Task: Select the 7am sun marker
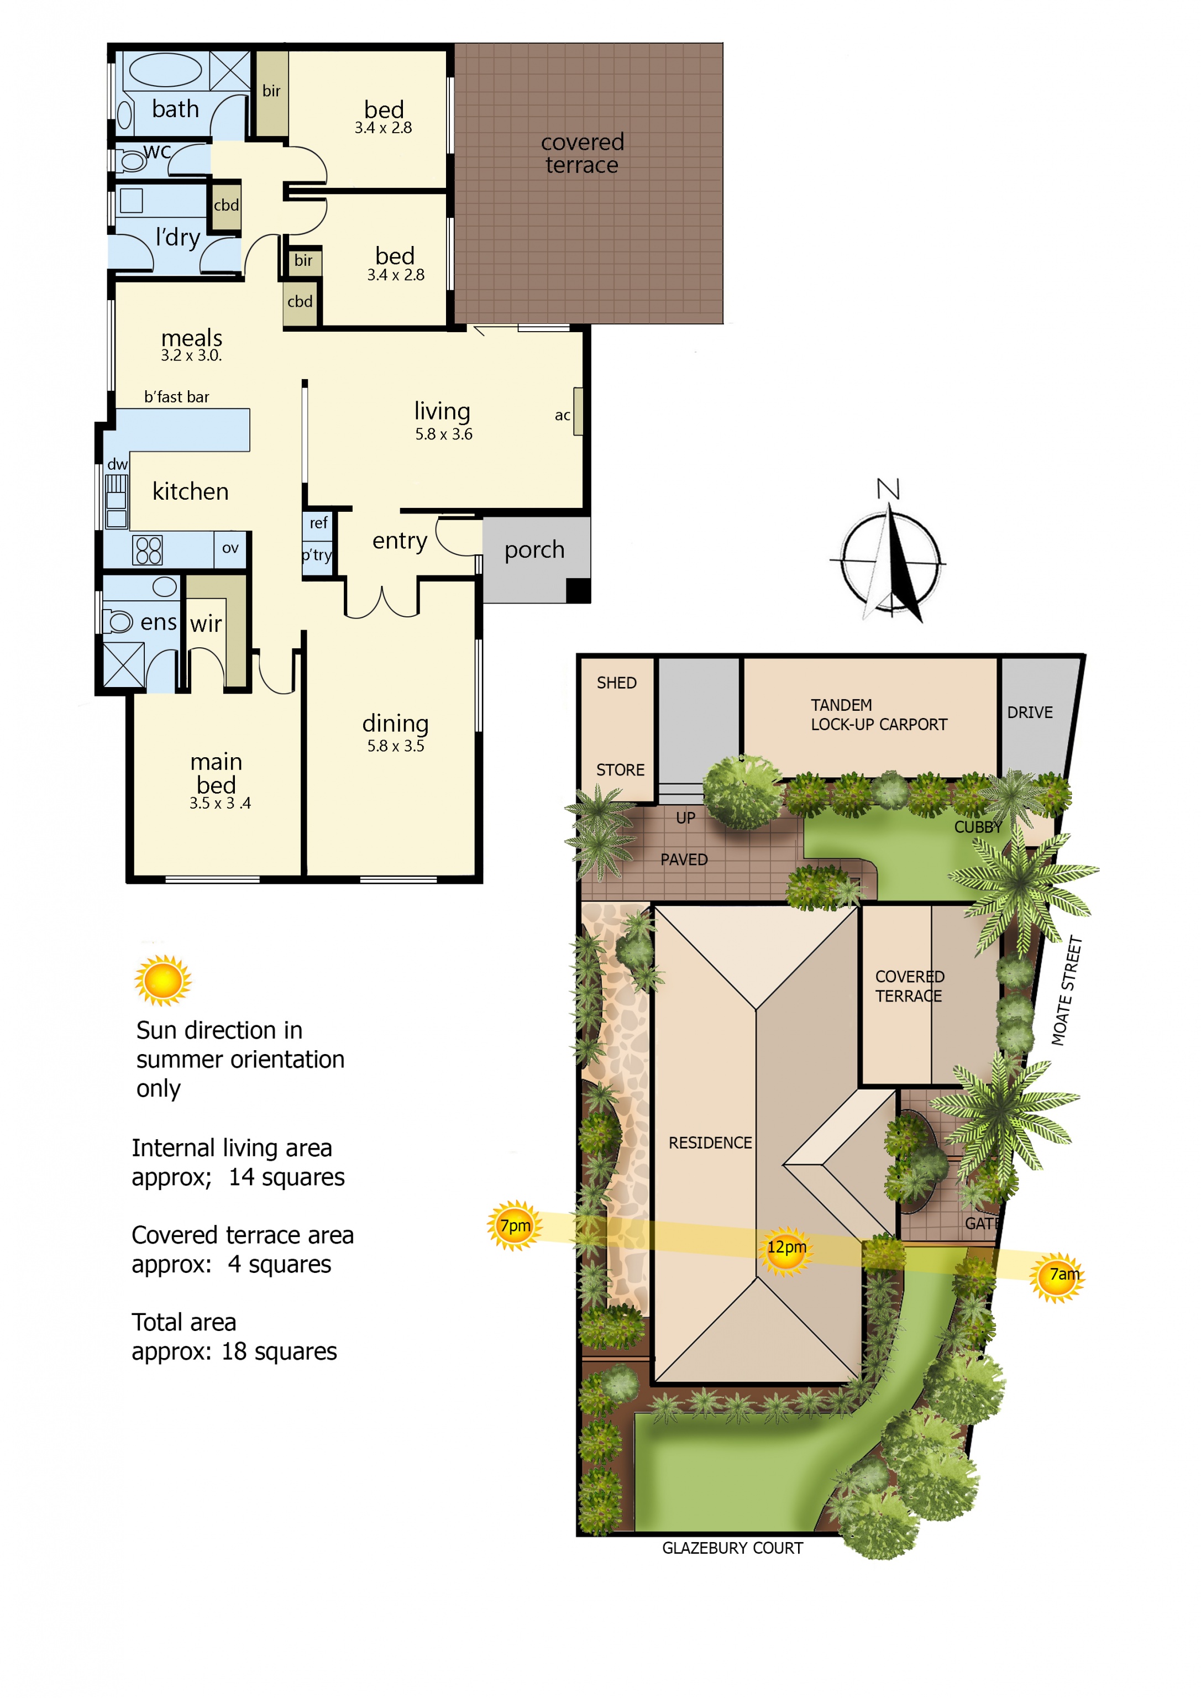tap(1057, 1275)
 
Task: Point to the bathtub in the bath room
tap(166, 71)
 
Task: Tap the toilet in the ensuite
tap(116, 621)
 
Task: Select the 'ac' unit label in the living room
tap(562, 415)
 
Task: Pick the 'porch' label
tap(534, 550)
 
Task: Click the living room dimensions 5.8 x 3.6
tap(444, 434)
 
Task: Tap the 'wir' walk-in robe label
tap(206, 623)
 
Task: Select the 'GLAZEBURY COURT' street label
tap(732, 1548)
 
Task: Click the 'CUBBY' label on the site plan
tap(978, 827)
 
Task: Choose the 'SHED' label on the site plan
tap(617, 683)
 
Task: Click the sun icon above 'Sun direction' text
tap(162, 981)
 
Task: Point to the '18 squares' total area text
tap(279, 1352)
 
